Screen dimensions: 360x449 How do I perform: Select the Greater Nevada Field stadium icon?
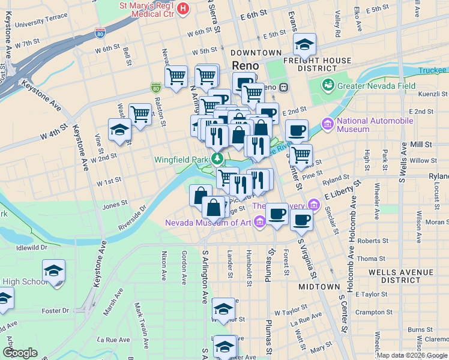click(328, 86)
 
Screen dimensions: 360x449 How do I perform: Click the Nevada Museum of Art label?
click(208, 223)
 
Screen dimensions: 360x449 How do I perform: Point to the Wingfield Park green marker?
click(217, 160)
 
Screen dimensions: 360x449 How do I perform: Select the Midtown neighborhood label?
click(319, 287)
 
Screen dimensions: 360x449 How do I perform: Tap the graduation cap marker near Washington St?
click(119, 129)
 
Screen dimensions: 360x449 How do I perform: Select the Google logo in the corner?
click(20, 353)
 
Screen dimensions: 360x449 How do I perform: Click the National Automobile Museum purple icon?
click(328, 125)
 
